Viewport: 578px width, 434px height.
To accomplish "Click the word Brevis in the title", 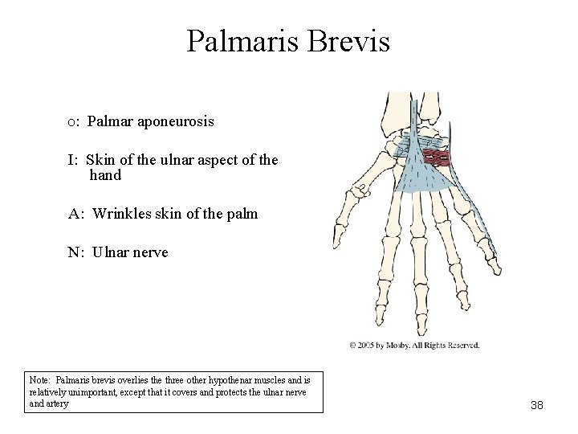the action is point(350,41).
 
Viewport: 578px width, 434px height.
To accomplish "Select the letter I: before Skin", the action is point(73,160).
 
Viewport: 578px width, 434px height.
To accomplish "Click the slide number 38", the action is point(537,405).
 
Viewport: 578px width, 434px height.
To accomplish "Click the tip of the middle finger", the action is point(418,328).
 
